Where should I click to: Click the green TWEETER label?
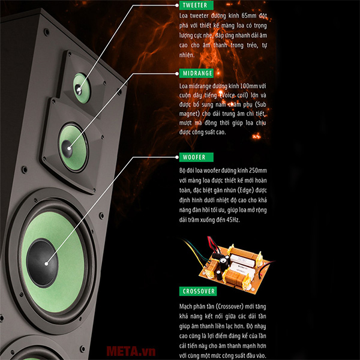click(x=194, y=5)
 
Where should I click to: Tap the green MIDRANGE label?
click(x=197, y=73)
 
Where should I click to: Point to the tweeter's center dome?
click(x=79, y=91)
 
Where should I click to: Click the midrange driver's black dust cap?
click(x=67, y=146)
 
